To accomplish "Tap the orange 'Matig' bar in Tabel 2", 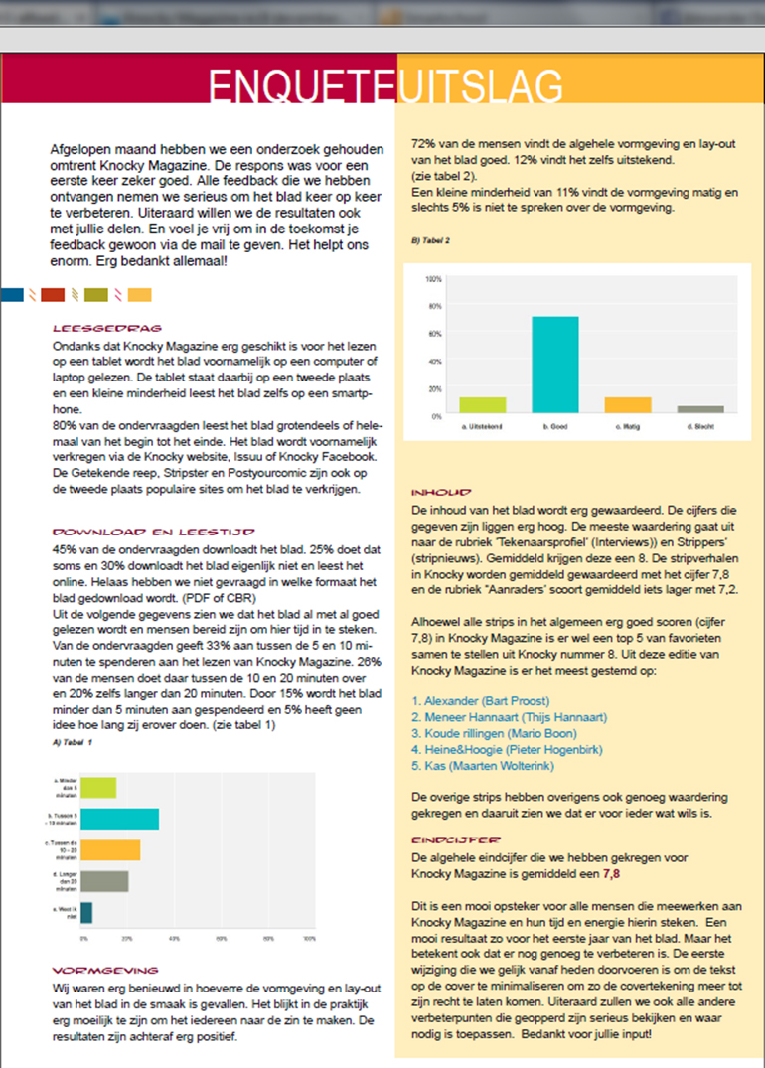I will coord(628,404).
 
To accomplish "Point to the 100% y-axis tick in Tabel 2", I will coord(433,279).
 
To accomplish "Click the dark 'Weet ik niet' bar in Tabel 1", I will coord(86,912).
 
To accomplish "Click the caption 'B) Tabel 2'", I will coord(431,241).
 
